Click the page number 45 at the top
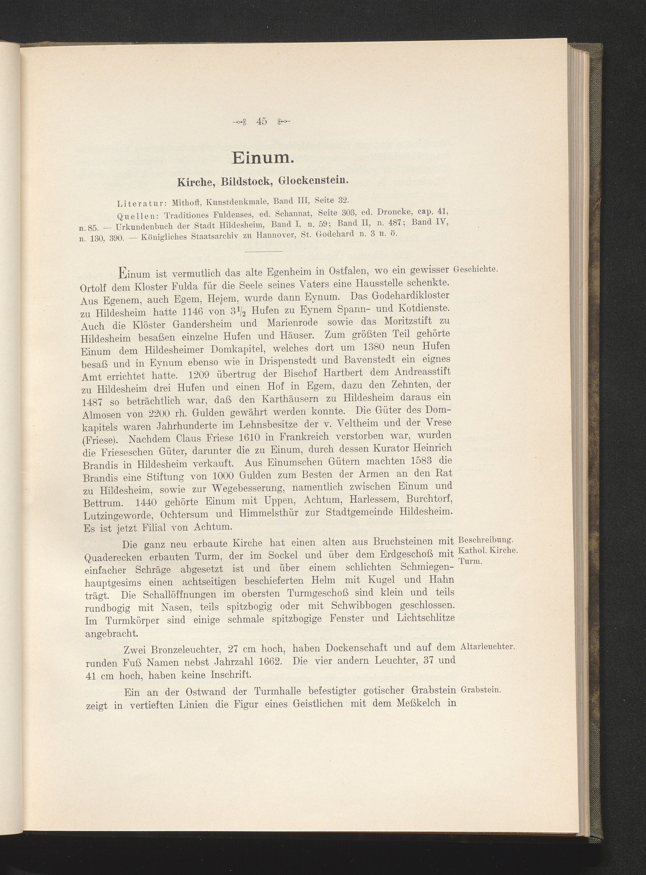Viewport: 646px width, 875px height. [262, 122]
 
